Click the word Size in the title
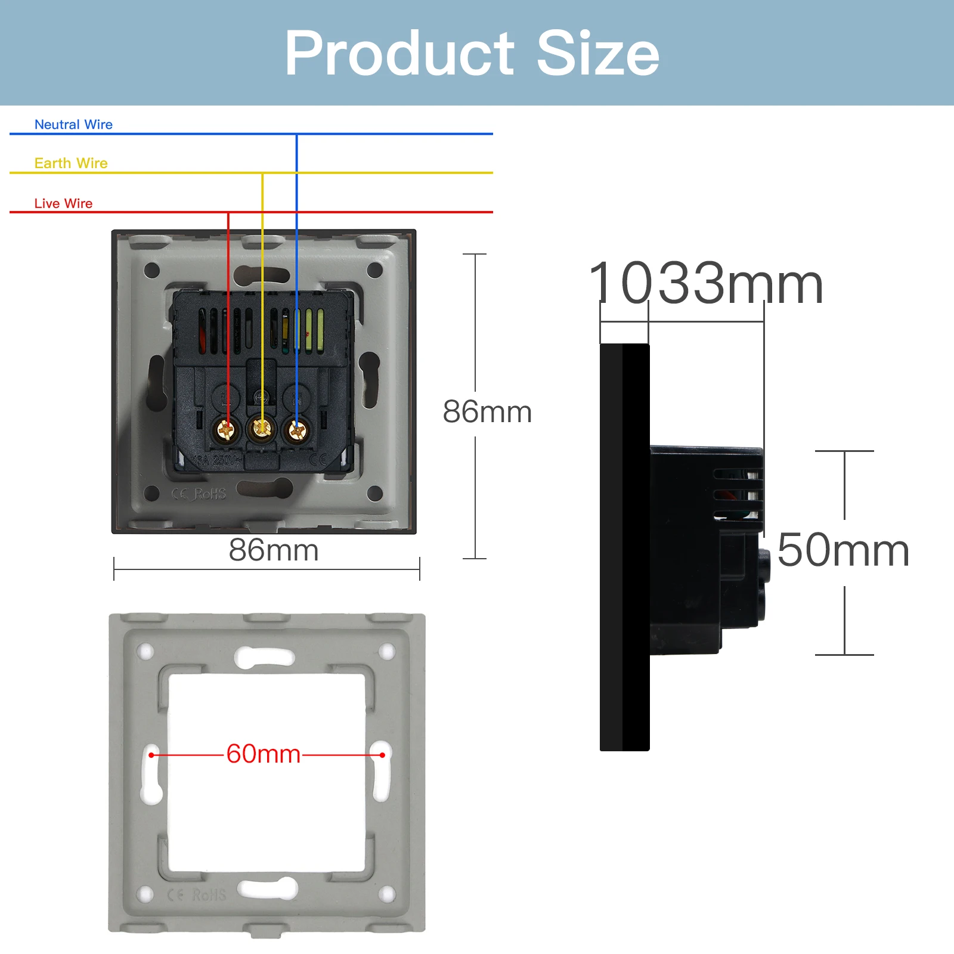[x=598, y=54]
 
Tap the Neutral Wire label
[x=73, y=125]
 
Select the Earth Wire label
[x=71, y=163]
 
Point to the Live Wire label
[x=63, y=203]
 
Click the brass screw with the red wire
[x=227, y=429]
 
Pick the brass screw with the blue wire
[x=296, y=429]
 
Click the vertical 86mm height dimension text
[x=487, y=411]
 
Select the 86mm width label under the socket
[x=274, y=550]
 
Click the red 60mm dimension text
[x=264, y=754]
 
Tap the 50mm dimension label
[x=843, y=550]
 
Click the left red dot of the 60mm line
[x=151, y=755]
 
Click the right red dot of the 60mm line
[x=382, y=755]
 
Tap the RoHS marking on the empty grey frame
[x=209, y=895]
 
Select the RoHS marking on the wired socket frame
[x=209, y=494]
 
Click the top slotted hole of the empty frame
[x=265, y=657]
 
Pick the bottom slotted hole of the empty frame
[x=268, y=888]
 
